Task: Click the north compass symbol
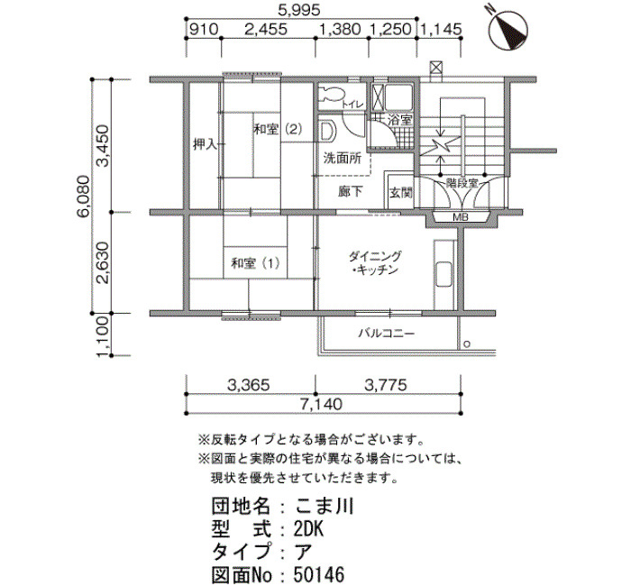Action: pyautogui.click(x=508, y=30)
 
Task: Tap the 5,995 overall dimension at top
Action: pyautogui.click(x=299, y=10)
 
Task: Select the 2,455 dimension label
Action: pyautogui.click(x=267, y=30)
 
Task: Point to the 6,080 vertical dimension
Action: pyautogui.click(x=83, y=197)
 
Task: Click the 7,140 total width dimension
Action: pyautogui.click(x=321, y=404)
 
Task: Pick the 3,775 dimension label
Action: pyautogui.click(x=386, y=385)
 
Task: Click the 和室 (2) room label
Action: pyautogui.click(x=278, y=130)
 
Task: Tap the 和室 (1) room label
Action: pyautogui.click(x=255, y=263)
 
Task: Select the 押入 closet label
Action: pyautogui.click(x=206, y=144)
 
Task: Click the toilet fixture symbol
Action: pyautogui.click(x=330, y=95)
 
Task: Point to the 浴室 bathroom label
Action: pyautogui.click(x=400, y=120)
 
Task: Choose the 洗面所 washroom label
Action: pyautogui.click(x=343, y=158)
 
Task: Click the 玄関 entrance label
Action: pyautogui.click(x=401, y=193)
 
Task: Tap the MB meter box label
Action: pyautogui.click(x=461, y=217)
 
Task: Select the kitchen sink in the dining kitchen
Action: pyautogui.click(x=444, y=274)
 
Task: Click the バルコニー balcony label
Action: pyautogui.click(x=387, y=334)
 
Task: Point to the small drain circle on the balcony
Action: pyautogui.click(x=467, y=344)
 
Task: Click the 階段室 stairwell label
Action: pyautogui.click(x=462, y=184)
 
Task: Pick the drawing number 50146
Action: pyautogui.click(x=319, y=575)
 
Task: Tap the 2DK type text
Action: pyautogui.click(x=308, y=529)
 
